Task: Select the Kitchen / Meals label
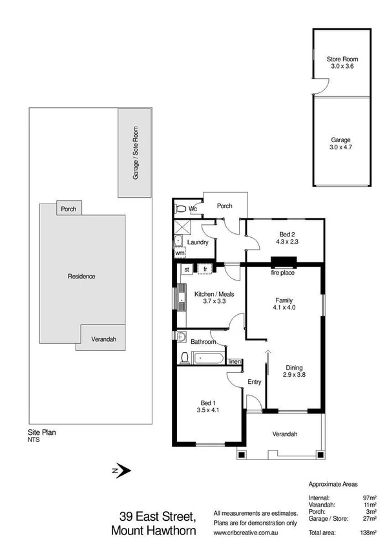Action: coord(214,294)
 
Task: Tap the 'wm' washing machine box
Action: coord(180,253)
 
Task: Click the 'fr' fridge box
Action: coord(205,269)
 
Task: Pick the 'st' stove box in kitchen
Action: coord(187,269)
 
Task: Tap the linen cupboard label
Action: coord(234,361)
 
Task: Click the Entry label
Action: coord(255,382)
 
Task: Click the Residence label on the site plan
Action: coord(81,277)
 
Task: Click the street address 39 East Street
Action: coord(158,517)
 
